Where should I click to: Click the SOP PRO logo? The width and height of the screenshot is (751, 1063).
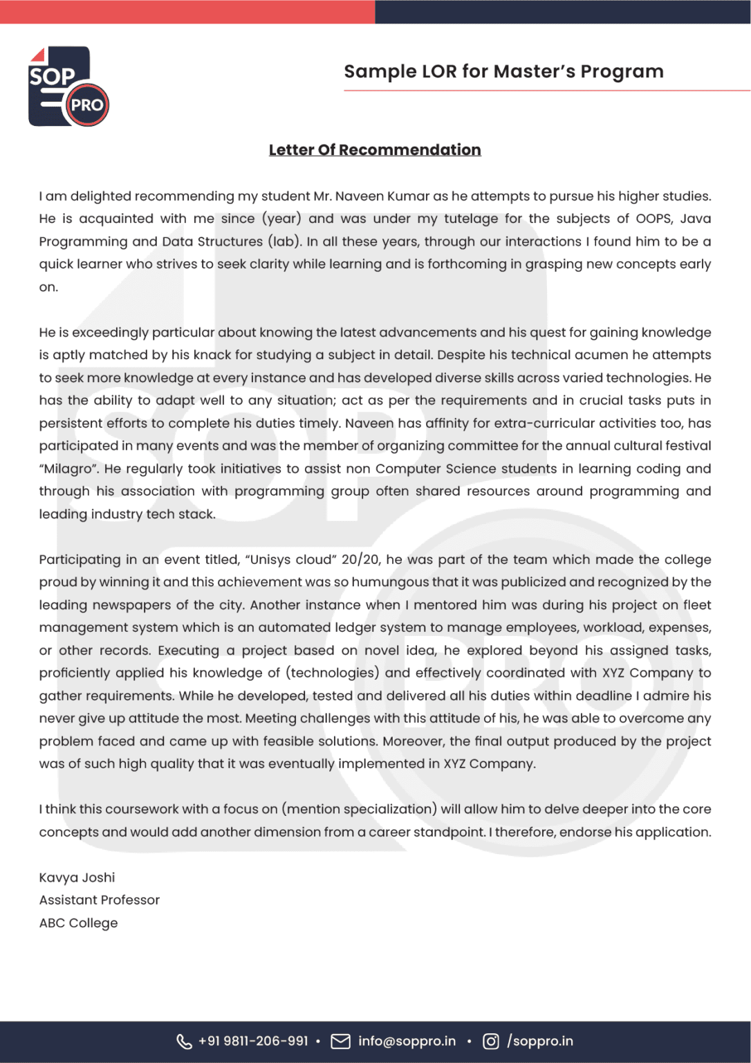point(68,87)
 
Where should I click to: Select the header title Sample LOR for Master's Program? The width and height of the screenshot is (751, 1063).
point(503,71)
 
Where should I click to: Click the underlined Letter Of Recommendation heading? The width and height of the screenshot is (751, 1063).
point(375,150)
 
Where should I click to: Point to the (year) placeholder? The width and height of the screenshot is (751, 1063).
point(281,219)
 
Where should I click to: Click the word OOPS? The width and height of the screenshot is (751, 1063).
point(653,219)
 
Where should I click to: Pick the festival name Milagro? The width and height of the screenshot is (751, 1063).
point(69,469)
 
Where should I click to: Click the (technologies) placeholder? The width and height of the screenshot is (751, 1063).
point(333,673)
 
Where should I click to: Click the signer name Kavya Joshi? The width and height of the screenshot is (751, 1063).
point(77,878)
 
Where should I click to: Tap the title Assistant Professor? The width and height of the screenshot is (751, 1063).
point(99,900)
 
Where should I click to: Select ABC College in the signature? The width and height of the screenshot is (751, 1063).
point(78,923)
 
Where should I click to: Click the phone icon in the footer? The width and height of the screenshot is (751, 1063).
point(184,1042)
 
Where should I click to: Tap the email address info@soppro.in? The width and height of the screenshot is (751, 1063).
point(407,1042)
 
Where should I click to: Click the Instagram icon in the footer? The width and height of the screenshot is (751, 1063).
point(490,1042)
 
